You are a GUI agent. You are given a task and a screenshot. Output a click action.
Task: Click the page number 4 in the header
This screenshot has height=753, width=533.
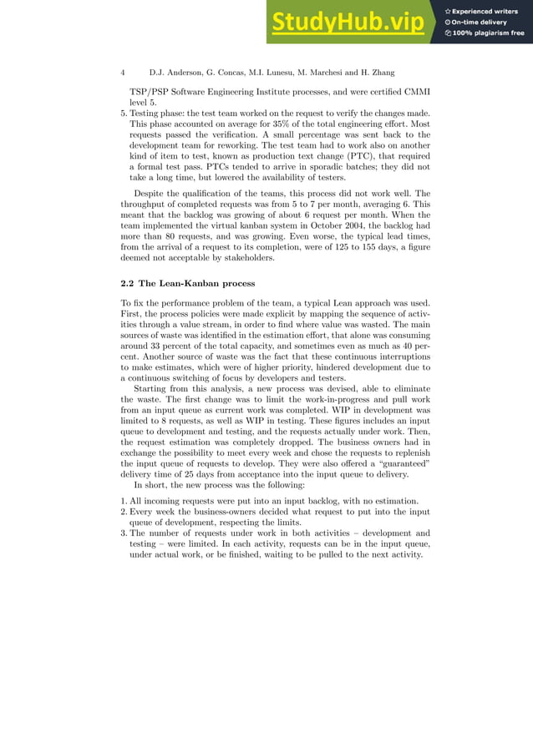(123, 73)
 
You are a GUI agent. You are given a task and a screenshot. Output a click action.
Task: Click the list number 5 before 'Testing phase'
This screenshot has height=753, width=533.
(123, 113)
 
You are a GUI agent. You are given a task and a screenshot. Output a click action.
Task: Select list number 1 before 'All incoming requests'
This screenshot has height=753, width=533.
(123, 499)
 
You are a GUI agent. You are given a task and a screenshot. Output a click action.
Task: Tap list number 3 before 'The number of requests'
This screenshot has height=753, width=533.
(123, 533)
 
